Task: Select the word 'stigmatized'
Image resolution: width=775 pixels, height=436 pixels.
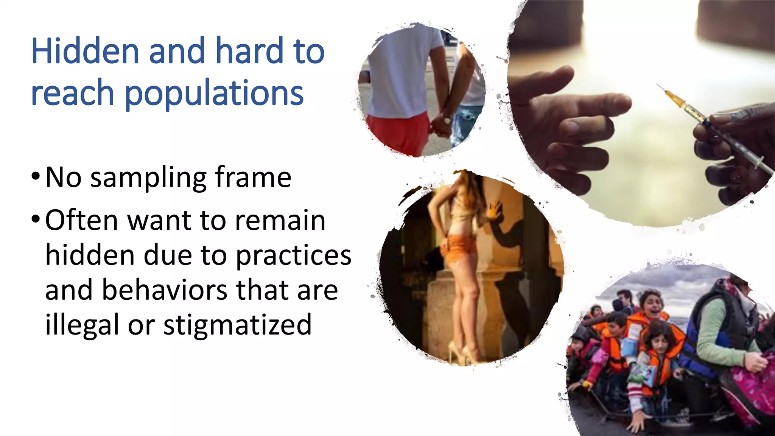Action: [x=237, y=325]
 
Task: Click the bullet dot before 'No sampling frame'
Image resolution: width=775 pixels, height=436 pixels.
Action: [x=36, y=176]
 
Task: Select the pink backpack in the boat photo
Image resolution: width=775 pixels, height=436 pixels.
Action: [x=751, y=390]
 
